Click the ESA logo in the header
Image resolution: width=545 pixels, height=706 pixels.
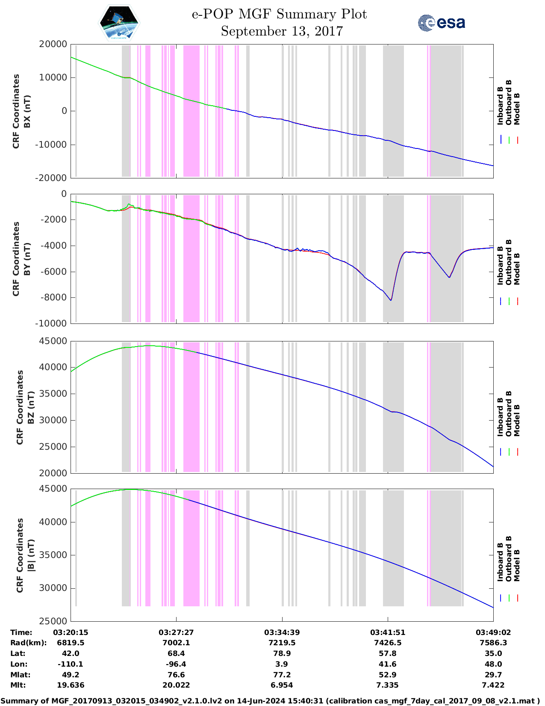point(441,23)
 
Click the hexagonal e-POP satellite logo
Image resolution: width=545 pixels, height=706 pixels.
point(119,23)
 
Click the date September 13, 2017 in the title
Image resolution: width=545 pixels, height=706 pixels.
point(282,31)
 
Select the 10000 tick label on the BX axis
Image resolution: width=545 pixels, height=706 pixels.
point(53,77)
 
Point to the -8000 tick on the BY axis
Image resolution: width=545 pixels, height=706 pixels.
point(53,297)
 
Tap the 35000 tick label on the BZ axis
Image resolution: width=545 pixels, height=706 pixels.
point(53,394)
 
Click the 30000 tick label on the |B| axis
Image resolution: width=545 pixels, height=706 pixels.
point(53,588)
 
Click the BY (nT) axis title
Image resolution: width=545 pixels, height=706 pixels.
point(27,259)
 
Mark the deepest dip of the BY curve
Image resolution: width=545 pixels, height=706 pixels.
point(391,300)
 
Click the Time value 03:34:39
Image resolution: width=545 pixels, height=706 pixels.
point(282,632)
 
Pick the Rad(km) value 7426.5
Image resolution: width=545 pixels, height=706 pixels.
point(388,643)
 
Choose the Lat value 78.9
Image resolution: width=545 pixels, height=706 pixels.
point(282,653)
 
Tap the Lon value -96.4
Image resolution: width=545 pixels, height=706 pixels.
point(176,664)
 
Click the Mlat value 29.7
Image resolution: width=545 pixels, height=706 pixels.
point(493,675)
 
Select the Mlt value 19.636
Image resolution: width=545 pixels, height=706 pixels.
point(71,685)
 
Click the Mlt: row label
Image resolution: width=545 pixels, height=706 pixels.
point(18,685)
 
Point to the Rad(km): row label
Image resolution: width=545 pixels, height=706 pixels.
point(29,643)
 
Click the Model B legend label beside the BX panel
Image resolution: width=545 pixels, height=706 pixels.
point(517,109)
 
